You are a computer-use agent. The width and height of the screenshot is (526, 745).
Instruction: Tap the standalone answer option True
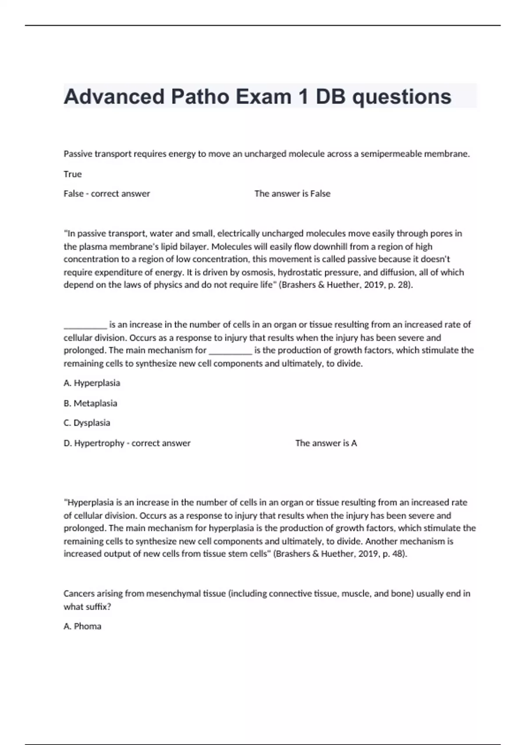tap(73, 174)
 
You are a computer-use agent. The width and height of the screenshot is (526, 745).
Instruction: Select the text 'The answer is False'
tap(292, 194)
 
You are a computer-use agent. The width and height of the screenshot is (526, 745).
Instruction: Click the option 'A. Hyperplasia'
tap(92, 383)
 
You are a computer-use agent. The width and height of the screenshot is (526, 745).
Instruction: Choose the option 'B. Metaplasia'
tap(90, 403)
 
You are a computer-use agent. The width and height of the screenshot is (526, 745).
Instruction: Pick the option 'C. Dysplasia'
tap(87, 423)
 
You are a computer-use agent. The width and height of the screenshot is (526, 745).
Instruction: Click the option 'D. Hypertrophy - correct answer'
tap(127, 443)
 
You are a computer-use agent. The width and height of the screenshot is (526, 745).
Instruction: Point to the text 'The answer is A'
tap(326, 443)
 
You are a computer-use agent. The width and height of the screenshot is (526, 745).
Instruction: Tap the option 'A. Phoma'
tap(82, 626)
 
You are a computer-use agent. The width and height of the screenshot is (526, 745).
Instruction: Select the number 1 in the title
tap(302, 97)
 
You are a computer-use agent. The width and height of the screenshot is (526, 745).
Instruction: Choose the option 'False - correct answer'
tap(107, 194)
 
